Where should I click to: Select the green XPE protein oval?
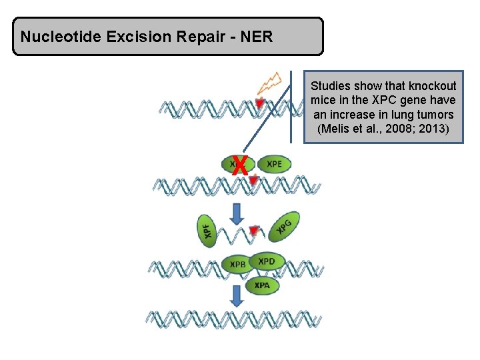(x=274, y=164)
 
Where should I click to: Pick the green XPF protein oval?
(x=208, y=231)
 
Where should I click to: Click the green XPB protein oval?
(x=238, y=265)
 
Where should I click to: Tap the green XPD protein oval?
(x=267, y=260)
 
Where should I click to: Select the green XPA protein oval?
(x=263, y=286)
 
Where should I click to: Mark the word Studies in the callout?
(x=330, y=86)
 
